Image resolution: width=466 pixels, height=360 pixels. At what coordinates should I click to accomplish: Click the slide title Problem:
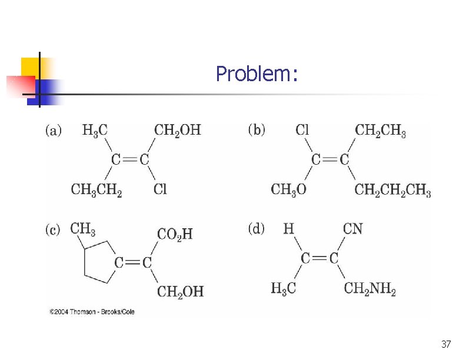point(257,74)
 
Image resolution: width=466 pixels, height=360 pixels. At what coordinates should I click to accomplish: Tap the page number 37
point(445,344)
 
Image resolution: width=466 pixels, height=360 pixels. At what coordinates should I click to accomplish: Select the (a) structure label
point(54,130)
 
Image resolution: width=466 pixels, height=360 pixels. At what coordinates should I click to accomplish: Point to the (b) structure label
point(257,129)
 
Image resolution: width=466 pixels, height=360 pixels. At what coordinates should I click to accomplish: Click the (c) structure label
point(53,229)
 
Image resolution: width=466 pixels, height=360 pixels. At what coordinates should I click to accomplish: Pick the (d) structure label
point(257,229)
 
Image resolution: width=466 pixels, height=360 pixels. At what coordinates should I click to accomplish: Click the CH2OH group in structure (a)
point(177,130)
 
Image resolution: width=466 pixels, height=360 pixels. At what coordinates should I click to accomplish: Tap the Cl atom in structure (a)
point(160,189)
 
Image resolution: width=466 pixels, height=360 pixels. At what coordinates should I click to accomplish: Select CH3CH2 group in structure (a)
point(96,190)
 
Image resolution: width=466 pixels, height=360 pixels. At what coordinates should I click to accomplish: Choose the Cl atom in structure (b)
point(302,130)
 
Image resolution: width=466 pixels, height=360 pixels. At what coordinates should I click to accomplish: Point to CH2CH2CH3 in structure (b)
point(393,190)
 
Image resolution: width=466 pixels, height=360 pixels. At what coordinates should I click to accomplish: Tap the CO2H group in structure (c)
point(175,234)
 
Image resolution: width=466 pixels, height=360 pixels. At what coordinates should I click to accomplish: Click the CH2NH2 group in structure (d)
point(370,289)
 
